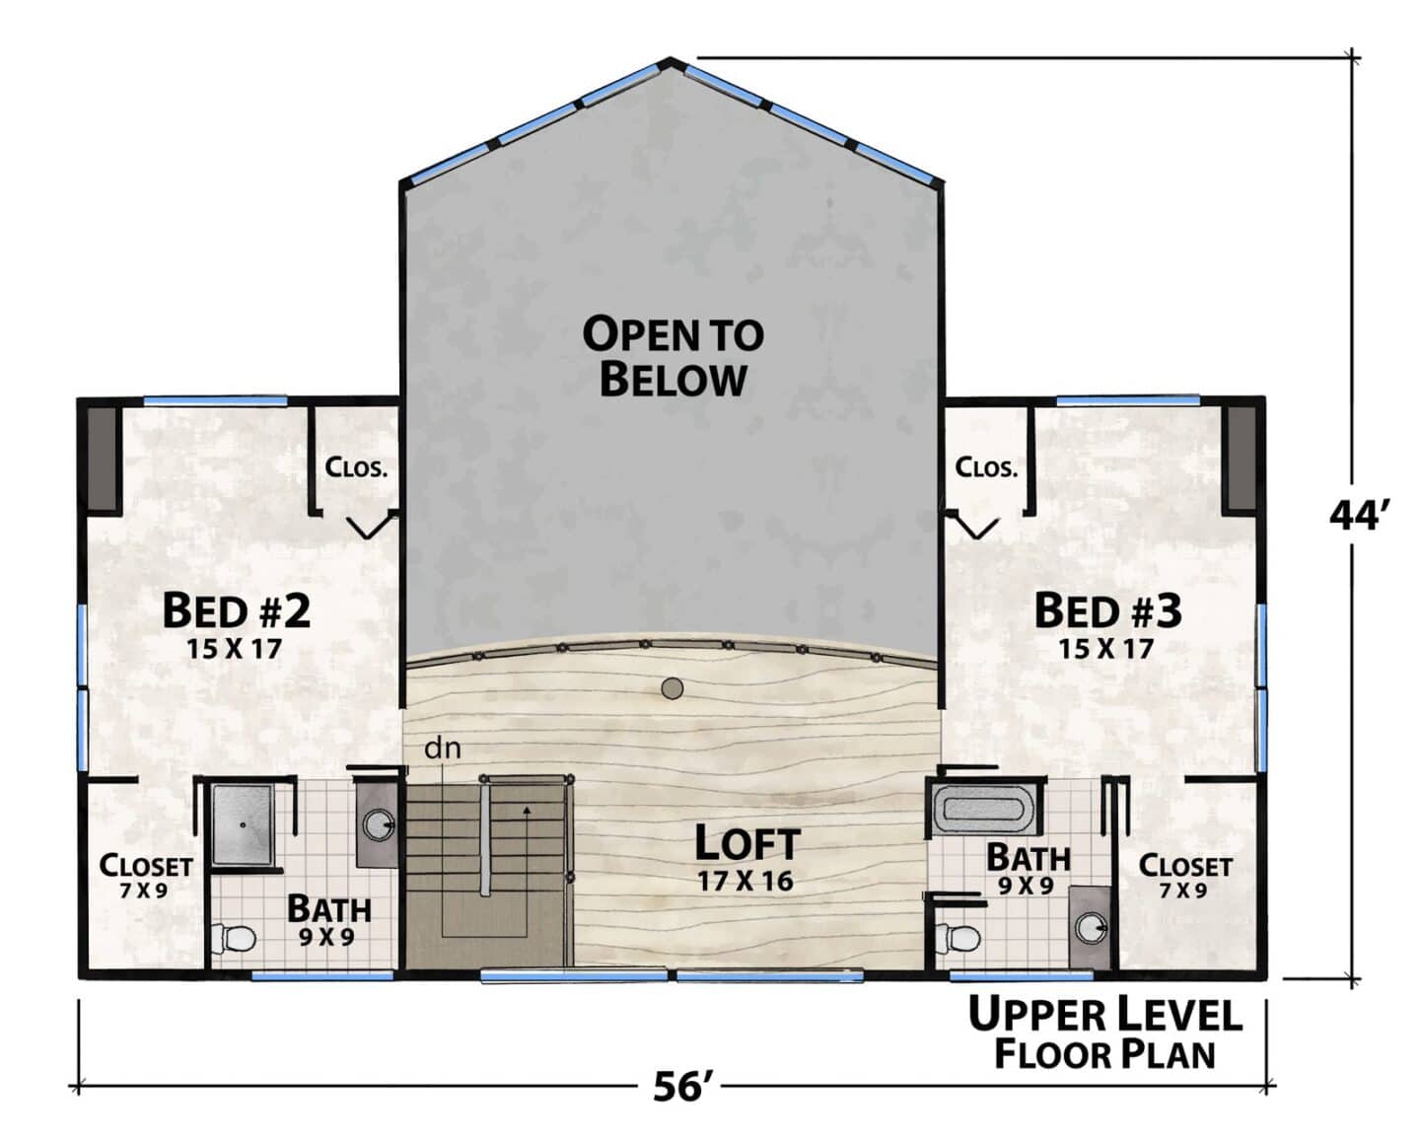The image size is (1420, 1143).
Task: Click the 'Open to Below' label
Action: click(x=673, y=356)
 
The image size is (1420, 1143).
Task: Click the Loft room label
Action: click(x=746, y=843)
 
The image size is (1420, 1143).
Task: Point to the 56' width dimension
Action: click(x=683, y=1087)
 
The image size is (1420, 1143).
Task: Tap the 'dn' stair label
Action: click(x=442, y=749)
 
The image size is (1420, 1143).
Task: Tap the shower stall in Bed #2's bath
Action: click(x=243, y=824)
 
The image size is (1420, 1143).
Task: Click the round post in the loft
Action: click(x=672, y=689)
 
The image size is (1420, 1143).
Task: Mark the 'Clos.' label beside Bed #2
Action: click(x=356, y=467)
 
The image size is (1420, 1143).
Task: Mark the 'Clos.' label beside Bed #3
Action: click(x=986, y=467)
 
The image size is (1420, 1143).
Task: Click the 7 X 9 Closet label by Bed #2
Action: click(x=144, y=891)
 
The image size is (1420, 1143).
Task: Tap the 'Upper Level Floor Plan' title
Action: click(x=1105, y=1035)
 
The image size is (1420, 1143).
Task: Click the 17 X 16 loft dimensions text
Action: click(x=745, y=881)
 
